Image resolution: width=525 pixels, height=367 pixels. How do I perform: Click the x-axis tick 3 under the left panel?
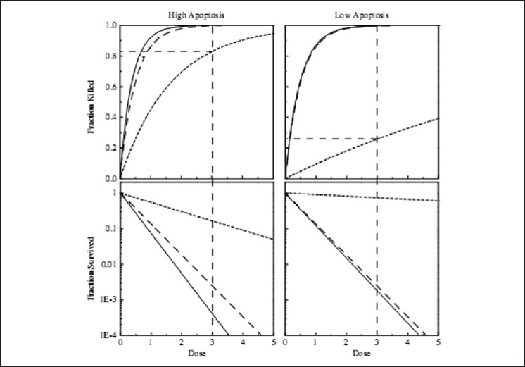coord(213,343)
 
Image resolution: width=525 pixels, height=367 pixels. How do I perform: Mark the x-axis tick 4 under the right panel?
coord(408,343)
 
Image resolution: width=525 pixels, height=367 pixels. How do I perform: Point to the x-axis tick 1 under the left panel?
coord(151,343)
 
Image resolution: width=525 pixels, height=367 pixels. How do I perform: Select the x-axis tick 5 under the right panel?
coord(438,343)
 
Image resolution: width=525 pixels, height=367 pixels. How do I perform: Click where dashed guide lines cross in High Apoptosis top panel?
coord(213,51)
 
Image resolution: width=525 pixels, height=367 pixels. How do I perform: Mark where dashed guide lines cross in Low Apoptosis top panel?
coord(377,139)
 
